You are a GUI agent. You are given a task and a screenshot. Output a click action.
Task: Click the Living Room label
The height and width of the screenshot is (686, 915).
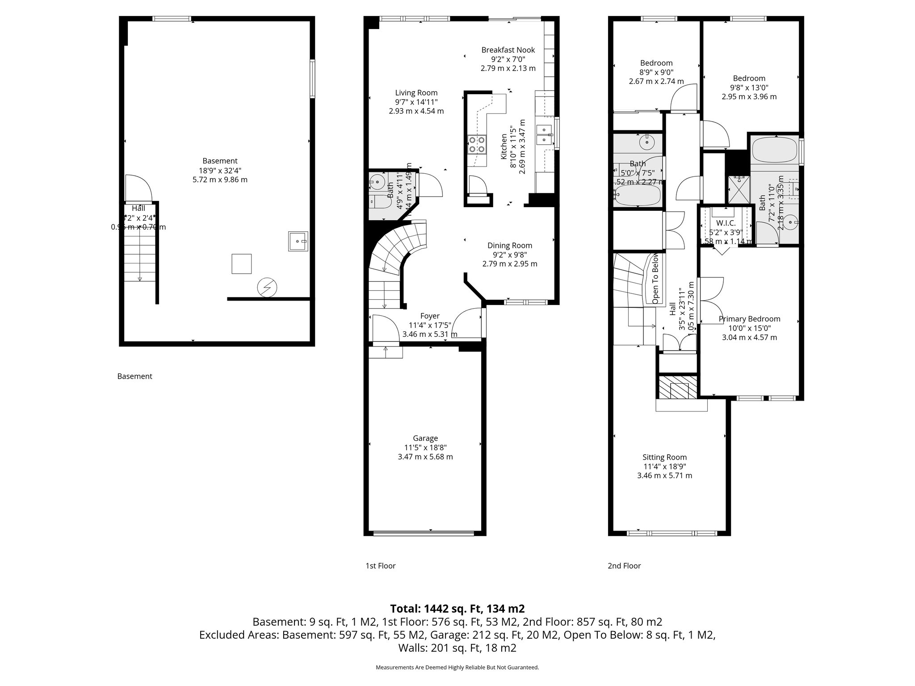(x=416, y=93)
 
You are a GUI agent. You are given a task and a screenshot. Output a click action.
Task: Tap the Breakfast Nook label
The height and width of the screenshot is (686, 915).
(x=508, y=50)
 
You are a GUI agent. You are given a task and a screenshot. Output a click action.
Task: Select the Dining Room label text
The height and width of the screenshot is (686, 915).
(x=510, y=245)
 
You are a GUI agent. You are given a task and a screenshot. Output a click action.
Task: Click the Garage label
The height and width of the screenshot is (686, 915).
(x=425, y=438)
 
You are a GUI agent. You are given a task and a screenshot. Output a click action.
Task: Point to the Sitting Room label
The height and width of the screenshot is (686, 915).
(x=664, y=457)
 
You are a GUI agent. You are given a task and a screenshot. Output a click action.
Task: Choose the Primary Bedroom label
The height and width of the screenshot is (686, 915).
(x=749, y=319)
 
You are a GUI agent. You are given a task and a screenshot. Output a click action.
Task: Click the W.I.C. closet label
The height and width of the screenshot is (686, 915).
(x=726, y=223)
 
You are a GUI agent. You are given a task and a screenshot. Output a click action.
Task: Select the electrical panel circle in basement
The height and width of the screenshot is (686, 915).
(x=267, y=288)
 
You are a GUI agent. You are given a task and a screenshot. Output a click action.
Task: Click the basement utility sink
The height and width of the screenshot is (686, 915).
(x=298, y=241)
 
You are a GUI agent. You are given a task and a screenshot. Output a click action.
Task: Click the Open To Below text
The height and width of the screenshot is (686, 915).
(x=655, y=279)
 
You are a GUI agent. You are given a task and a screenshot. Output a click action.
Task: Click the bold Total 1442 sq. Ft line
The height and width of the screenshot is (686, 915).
(x=457, y=609)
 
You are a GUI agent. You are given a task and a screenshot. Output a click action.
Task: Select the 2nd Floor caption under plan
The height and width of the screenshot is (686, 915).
(x=624, y=566)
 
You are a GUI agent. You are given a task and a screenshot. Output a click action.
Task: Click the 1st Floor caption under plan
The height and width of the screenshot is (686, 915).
(x=380, y=566)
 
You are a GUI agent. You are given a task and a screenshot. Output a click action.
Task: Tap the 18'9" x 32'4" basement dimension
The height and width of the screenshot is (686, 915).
(x=219, y=170)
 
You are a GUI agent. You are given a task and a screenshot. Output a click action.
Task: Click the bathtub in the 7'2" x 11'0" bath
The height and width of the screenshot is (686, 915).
(x=774, y=150)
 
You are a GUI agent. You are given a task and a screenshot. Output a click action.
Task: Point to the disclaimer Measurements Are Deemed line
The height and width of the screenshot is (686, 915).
(x=457, y=667)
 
